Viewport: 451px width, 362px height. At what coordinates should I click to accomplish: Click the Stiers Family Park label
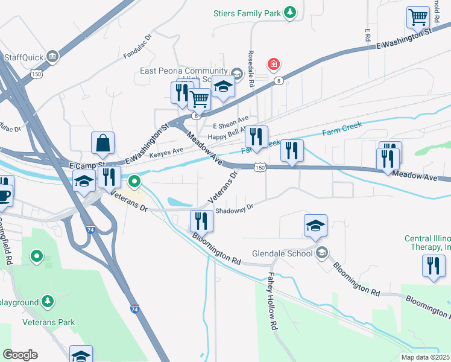248,12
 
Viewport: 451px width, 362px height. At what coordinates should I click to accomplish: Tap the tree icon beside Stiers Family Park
291,12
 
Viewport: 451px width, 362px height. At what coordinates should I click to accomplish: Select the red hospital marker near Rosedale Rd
274,63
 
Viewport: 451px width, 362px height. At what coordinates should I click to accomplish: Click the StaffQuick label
25,57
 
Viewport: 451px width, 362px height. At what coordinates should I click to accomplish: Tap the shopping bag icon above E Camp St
103,143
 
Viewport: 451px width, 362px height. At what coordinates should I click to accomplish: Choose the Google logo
20,355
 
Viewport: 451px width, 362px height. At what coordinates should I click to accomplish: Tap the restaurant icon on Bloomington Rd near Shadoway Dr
201,221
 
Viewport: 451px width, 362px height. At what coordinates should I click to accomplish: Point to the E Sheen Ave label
231,125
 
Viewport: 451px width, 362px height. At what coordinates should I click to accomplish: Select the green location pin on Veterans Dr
134,180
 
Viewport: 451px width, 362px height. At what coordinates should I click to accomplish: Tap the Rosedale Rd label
251,68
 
